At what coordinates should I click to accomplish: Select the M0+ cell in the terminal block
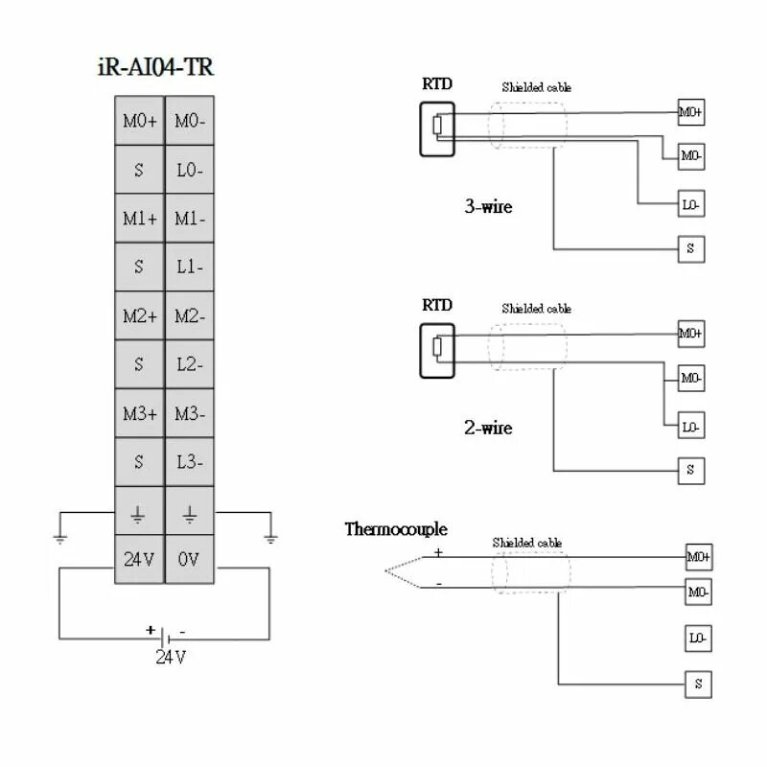tap(139, 121)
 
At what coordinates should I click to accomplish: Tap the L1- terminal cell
tap(190, 267)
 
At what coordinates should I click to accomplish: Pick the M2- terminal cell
tap(190, 315)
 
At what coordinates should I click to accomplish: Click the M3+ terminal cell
tap(139, 413)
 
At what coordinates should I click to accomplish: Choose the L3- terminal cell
tap(190, 462)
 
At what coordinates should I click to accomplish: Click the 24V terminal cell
tap(139, 560)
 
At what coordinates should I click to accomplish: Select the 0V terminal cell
tap(190, 560)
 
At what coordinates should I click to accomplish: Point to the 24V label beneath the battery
tap(171, 658)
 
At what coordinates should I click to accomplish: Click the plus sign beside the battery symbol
tap(150, 630)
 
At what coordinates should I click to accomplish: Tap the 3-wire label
tap(489, 206)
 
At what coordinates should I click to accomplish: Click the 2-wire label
tap(489, 428)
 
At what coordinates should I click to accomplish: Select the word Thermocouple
tap(396, 529)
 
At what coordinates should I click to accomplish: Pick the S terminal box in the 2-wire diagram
tap(691, 471)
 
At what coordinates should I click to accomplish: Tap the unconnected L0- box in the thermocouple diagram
tap(697, 638)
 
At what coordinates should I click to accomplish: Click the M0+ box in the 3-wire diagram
tap(690, 112)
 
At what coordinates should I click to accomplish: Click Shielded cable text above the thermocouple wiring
tap(527, 543)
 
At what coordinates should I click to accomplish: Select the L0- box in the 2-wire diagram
tap(691, 427)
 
